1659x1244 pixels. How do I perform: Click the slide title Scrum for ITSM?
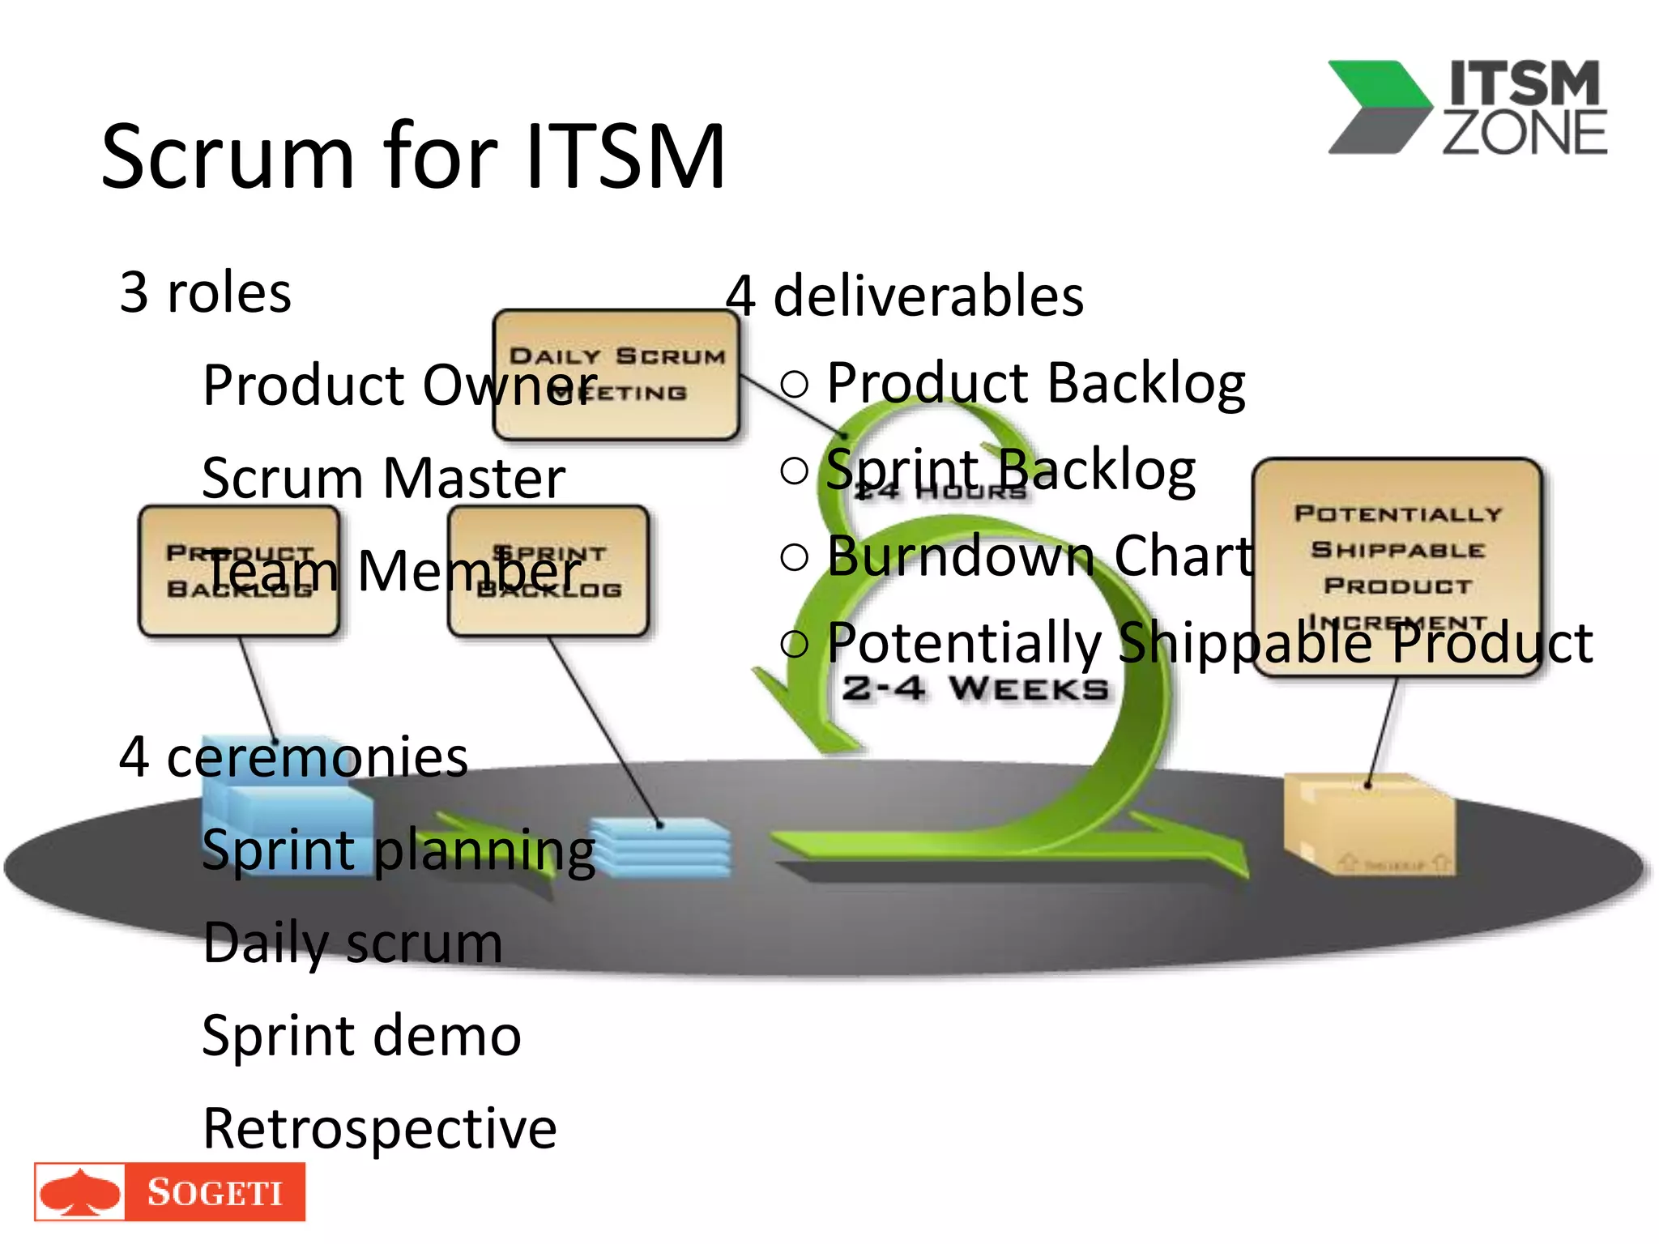pos(413,155)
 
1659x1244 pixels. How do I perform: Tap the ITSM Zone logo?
pos(1466,108)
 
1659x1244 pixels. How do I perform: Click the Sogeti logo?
pos(170,1191)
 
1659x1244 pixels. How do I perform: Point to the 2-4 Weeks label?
pos(975,689)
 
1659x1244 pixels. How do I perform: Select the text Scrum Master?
pos(383,478)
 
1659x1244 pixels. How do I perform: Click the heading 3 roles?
pos(205,292)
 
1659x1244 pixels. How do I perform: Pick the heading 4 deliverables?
pos(904,296)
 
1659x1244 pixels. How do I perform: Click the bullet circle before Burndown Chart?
pos(795,556)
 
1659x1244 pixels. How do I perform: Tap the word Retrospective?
pos(379,1128)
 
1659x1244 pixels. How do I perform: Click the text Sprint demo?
pos(361,1035)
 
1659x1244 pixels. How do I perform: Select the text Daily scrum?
pos(352,943)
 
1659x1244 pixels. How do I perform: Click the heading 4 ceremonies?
pos(293,757)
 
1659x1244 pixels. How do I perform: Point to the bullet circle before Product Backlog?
pos(795,383)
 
